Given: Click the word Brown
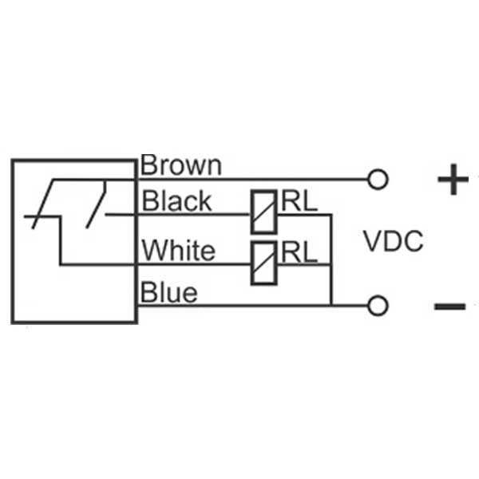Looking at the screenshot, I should pos(180,165).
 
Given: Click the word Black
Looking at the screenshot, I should pos(176,201).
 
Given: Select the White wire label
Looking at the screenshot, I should pos(178,251).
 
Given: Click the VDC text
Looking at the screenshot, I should pos(393,240).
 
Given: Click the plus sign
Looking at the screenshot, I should pos(453,181).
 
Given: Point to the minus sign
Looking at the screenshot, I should pos(449,306).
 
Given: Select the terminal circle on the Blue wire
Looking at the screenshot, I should pos(379,305).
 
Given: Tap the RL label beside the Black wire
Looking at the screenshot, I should pos(299,202).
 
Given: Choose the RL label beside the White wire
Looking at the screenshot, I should pos(299,252).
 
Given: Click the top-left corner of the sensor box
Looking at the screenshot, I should pos(12,160).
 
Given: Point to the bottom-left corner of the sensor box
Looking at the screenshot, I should pos(12,323).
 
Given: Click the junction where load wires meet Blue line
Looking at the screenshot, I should pos(331,305).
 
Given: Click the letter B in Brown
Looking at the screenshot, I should pos(149,165).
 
